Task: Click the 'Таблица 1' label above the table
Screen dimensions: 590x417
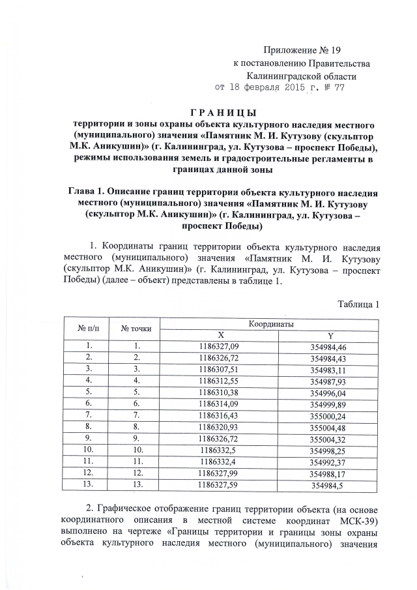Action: (358, 304)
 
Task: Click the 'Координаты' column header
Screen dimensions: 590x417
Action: (270, 323)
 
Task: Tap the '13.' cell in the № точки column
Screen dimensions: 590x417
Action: (137, 484)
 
